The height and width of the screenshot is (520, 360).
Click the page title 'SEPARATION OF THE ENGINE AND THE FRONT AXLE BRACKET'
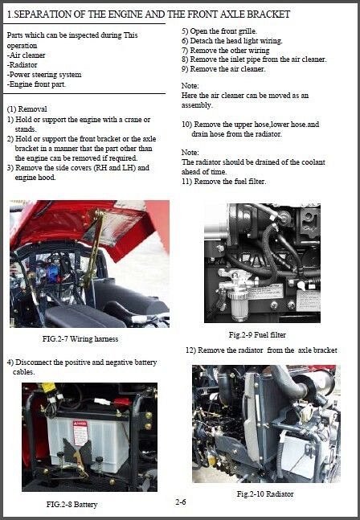click(x=149, y=14)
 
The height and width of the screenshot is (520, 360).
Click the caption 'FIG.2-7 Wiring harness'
click(x=80, y=339)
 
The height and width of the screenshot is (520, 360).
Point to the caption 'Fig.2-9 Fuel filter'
click(x=256, y=334)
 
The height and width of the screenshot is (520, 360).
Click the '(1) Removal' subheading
click(x=27, y=109)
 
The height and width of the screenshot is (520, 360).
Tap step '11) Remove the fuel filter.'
click(x=224, y=181)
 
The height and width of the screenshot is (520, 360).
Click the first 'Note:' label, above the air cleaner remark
click(x=190, y=85)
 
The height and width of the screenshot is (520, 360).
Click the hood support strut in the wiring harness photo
click(x=92, y=249)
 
